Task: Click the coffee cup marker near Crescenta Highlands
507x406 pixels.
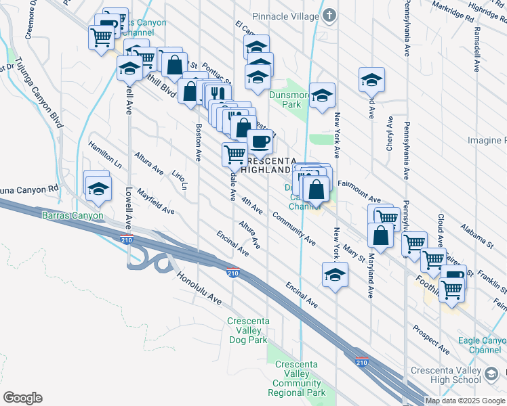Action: [260, 142]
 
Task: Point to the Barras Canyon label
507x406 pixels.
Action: [73, 216]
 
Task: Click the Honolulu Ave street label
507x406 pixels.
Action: [199, 288]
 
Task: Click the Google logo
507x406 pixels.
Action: [22, 398]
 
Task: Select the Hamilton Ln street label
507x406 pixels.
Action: [104, 155]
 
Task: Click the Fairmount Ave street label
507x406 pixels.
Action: [359, 191]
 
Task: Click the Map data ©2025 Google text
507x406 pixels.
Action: [465, 400]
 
